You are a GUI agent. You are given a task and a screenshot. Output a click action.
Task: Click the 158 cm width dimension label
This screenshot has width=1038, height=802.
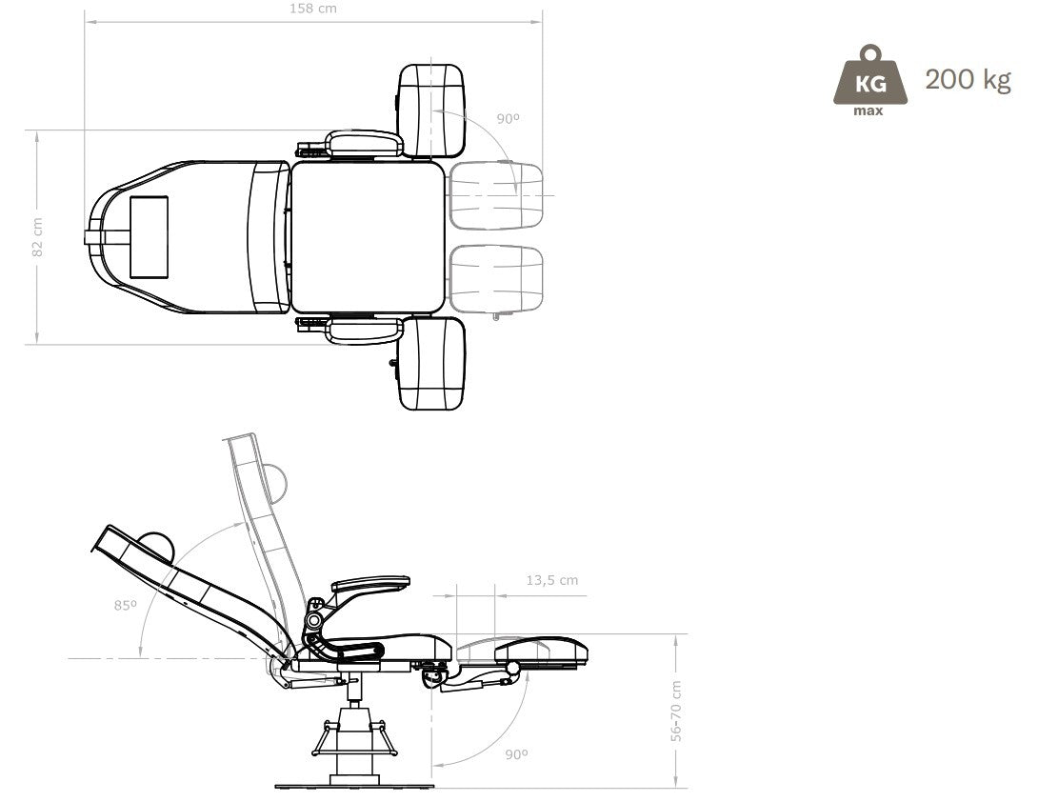tap(313, 9)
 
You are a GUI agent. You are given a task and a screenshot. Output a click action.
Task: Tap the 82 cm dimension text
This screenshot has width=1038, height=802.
tap(37, 237)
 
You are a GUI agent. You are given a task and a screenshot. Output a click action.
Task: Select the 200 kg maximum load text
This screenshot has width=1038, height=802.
tap(968, 80)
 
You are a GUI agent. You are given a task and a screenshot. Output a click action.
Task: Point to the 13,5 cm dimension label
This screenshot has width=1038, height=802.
tap(551, 580)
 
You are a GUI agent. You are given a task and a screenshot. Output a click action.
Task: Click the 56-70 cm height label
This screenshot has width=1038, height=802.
tap(676, 711)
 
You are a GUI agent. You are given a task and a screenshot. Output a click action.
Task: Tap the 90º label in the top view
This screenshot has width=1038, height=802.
tap(509, 119)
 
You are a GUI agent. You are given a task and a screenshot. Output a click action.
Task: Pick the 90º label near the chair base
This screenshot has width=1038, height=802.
tap(516, 753)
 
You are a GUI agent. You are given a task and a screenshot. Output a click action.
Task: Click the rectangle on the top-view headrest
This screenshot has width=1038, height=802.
tap(149, 237)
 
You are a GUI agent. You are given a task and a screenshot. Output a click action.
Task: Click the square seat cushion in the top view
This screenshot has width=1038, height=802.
tap(367, 237)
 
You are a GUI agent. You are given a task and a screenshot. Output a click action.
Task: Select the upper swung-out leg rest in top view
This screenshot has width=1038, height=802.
tap(430, 110)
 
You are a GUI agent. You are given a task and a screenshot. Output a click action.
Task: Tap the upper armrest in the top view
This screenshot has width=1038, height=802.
tap(364, 143)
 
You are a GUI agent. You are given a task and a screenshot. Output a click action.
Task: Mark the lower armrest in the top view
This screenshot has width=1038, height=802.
tap(364, 331)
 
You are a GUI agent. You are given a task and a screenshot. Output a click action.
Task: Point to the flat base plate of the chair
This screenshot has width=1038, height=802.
tap(354, 786)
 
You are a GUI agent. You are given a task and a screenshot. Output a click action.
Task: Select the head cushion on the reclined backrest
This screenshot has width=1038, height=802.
tap(155, 547)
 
